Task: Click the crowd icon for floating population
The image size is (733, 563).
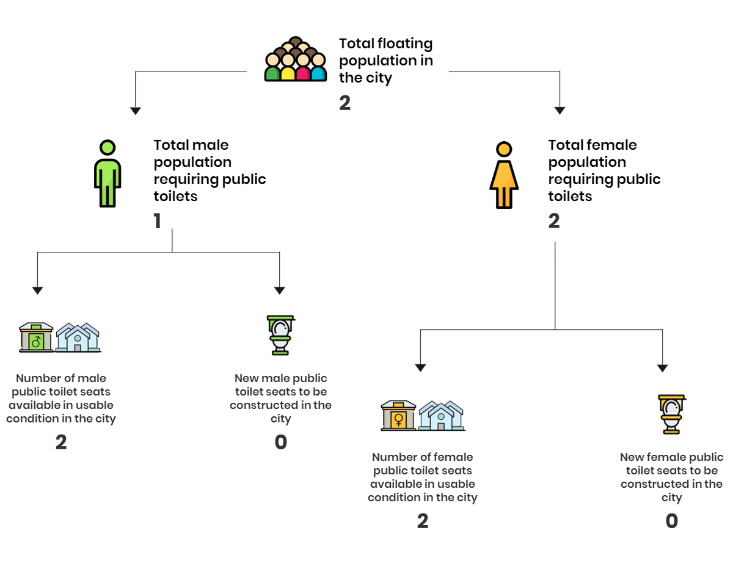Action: [x=295, y=59]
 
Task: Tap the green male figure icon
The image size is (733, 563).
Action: [x=108, y=174]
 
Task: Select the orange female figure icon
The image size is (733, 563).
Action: [x=504, y=175]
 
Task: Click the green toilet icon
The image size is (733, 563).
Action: [x=280, y=335]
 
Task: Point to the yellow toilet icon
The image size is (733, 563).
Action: [x=671, y=414]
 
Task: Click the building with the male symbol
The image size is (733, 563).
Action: [x=36, y=337]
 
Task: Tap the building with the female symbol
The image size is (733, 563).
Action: [x=398, y=416]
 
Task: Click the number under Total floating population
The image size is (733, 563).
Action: [x=345, y=103]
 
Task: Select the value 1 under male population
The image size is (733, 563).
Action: [x=157, y=221]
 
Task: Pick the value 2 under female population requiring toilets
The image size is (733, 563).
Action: [x=554, y=221]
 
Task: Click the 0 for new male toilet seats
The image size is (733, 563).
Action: [x=280, y=442]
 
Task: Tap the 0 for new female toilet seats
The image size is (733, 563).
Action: [x=671, y=521]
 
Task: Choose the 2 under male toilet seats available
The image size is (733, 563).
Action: [x=61, y=442]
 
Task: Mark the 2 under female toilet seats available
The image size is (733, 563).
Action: [x=423, y=521]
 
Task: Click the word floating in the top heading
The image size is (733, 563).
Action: [x=404, y=44]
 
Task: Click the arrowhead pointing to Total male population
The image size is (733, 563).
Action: [x=135, y=111]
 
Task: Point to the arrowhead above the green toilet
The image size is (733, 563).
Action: [x=279, y=290]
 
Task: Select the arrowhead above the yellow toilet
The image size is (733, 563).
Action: [x=662, y=368]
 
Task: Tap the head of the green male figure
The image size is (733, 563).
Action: [x=108, y=147]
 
